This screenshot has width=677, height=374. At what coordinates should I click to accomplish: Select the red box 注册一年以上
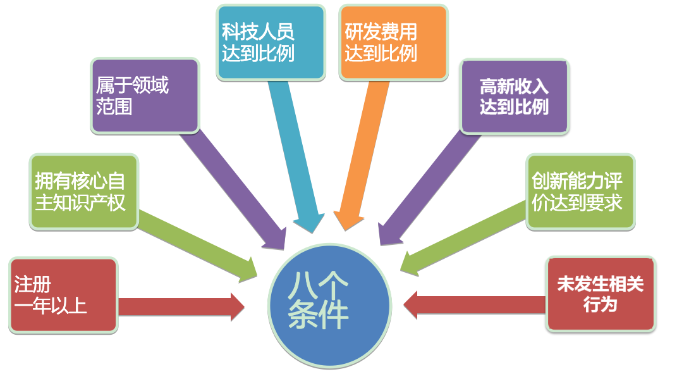64,295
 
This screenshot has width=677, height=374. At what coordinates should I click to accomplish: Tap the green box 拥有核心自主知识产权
84,191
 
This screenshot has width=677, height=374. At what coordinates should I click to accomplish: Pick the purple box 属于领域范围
145,96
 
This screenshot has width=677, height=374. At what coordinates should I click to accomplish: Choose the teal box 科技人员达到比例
270,42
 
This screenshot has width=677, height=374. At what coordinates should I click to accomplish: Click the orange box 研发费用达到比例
393,42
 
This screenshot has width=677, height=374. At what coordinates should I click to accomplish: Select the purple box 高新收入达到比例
514,96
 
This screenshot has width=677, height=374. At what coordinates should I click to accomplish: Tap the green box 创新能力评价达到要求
580,192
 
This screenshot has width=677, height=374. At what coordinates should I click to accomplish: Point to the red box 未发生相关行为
601,294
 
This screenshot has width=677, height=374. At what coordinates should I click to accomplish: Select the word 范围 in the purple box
114,106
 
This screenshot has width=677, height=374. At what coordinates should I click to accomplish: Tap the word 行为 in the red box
600,304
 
